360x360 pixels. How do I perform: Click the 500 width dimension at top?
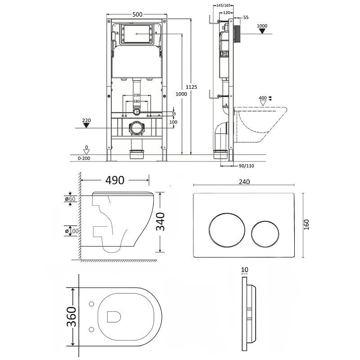pyautogui.click(x=137, y=14)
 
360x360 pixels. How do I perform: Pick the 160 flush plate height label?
pyautogui.click(x=306, y=225)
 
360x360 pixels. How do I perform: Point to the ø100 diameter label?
pyautogui.click(x=71, y=231)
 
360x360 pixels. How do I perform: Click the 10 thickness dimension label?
pyautogui.click(x=244, y=270)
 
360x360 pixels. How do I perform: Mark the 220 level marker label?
pyautogui.click(x=86, y=121)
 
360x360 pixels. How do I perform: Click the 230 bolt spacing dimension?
pyautogui.click(x=137, y=95)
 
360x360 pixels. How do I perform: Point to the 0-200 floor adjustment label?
pyautogui.click(x=84, y=158)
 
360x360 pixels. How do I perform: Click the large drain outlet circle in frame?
pyautogui.click(x=137, y=129)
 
